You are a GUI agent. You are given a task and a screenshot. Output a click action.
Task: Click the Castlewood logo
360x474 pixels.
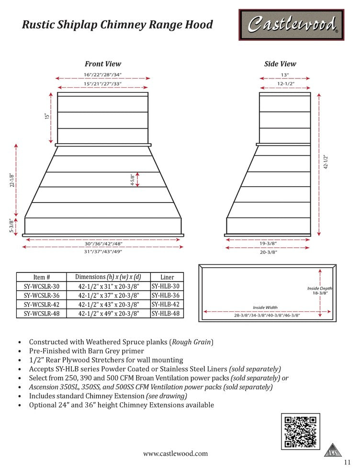[x=291, y=25]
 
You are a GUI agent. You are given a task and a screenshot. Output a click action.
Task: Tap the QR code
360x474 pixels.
[x=300, y=432]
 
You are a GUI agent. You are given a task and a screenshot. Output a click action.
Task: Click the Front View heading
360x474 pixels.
[x=103, y=64]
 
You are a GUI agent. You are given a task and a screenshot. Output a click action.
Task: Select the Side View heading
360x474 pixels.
[x=280, y=64]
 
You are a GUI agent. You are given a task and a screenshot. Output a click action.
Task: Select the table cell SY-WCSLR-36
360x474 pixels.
[x=42, y=295]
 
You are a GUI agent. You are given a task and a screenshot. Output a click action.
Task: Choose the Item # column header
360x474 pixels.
[x=42, y=277]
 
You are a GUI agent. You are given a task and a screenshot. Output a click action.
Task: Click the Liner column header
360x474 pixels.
[x=167, y=277]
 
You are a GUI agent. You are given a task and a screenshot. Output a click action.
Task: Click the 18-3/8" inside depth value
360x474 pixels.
[x=320, y=293]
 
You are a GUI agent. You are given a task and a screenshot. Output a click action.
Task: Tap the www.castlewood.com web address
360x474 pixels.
[x=176, y=453]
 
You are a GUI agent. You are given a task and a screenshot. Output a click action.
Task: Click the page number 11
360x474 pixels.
[x=348, y=462]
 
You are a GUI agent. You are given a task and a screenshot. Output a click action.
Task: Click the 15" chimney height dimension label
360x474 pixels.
[x=47, y=116]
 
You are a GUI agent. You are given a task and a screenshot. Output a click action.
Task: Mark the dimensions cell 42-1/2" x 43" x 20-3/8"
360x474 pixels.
[x=109, y=304]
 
